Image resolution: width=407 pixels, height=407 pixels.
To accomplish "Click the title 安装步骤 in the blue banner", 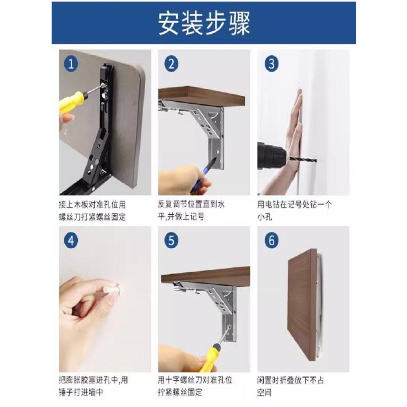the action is pos(204,23).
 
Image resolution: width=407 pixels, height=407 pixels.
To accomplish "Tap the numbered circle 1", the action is pos(71,64).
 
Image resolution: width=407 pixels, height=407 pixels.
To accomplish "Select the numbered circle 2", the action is pos(171,64).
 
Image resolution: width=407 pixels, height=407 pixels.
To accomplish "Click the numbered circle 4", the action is pos(71,241).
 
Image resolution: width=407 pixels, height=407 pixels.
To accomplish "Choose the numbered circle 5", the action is pos(171,241).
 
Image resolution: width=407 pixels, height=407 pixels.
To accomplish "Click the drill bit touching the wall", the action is pos(303,160).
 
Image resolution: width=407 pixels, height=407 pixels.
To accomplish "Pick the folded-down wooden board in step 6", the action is pos(303,305).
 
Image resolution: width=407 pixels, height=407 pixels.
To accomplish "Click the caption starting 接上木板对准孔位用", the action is pos(92,205).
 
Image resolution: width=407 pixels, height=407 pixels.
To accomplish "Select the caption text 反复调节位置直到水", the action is pos(191,204).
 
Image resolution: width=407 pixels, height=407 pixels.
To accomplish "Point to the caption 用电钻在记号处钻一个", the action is pos(295,205).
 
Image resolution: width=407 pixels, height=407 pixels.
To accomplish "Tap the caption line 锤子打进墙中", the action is pos(81,392).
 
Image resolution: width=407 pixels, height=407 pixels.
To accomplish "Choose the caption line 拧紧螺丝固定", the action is pos(180,392).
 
